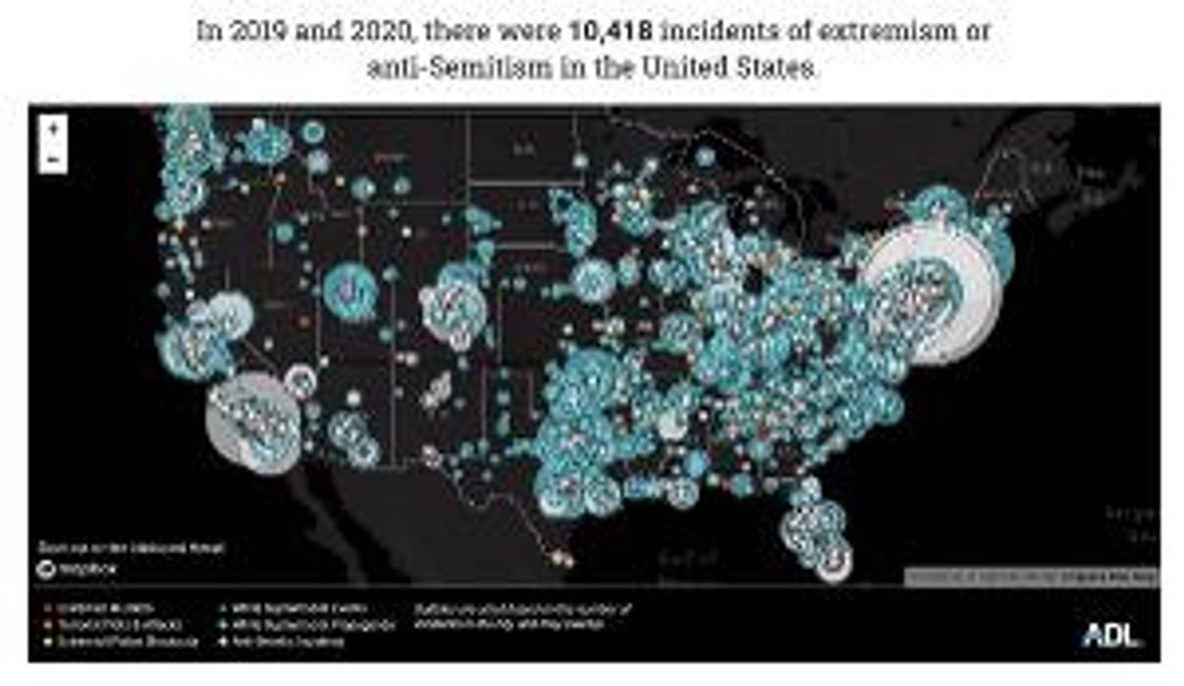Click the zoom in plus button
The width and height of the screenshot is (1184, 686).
(x=53, y=130)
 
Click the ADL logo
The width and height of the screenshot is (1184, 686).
(x=1110, y=634)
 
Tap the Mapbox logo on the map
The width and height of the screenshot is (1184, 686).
(x=77, y=569)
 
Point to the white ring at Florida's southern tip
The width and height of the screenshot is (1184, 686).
(x=834, y=561)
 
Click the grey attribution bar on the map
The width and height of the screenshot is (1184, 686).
(x=1031, y=577)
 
